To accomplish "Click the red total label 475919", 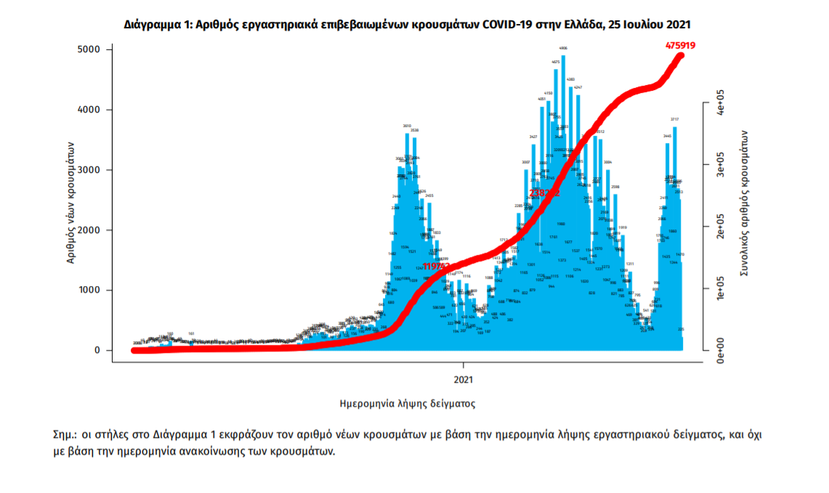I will point(681,45).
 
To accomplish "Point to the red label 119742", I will point(437,267).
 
